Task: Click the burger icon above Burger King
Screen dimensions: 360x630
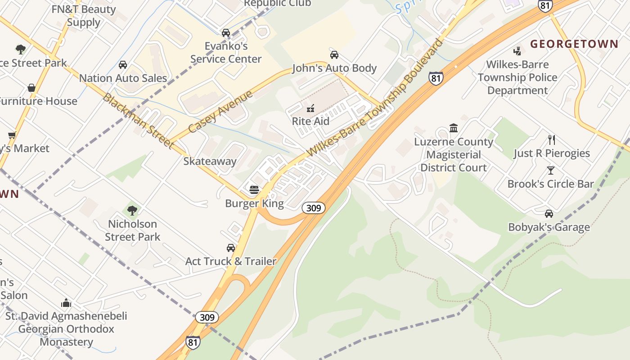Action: point(254,190)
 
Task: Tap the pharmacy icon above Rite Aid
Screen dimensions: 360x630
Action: point(310,108)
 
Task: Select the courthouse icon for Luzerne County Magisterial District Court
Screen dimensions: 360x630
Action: point(454,128)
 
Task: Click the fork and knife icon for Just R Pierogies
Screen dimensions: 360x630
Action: point(552,139)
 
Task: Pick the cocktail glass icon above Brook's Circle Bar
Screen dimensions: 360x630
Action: point(550,171)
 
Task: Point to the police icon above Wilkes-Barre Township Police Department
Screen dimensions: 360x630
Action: point(517,51)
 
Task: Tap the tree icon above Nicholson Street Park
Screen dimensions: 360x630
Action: point(132,210)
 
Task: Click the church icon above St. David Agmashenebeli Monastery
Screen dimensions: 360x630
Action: point(66,302)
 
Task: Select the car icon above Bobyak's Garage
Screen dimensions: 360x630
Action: point(549,214)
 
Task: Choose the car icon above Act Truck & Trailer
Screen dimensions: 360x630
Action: point(231,247)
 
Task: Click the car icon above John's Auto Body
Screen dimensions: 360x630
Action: point(334,55)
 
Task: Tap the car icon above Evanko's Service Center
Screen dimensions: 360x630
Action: point(226,32)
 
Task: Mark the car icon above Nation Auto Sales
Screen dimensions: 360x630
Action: point(123,65)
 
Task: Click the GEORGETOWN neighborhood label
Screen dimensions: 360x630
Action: point(574,44)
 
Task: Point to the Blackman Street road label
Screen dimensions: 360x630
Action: point(138,120)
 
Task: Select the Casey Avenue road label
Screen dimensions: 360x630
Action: point(220,111)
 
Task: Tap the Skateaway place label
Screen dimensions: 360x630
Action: point(210,161)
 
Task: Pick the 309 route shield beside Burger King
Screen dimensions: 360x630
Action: point(313,208)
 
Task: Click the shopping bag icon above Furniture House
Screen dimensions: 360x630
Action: point(31,88)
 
